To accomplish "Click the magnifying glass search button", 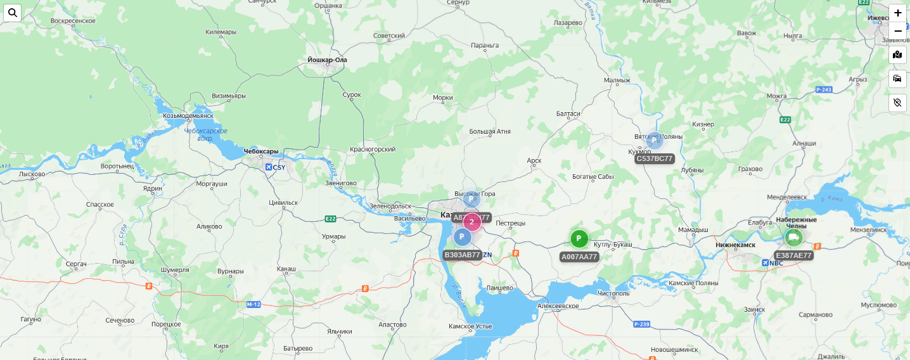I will point(13,13).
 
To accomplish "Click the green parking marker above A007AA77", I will point(579,239).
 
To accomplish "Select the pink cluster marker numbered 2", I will point(472,222).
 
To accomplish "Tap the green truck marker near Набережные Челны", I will point(793,238).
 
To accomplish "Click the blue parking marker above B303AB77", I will point(463,237).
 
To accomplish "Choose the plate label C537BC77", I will point(655,158).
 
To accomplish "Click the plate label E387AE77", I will point(793,255).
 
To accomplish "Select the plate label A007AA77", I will point(579,257).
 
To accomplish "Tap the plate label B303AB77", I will point(463,255).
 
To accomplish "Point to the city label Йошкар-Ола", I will point(327,60).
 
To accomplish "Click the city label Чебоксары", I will point(261,151).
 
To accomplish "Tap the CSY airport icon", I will point(269,167).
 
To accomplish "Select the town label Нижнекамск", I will point(735,245).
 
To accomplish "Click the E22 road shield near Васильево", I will point(330,219).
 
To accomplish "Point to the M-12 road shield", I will point(253,305).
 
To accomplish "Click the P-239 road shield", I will point(642,325).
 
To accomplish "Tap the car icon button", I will point(897,79).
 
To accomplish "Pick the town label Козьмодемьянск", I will point(188,116).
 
